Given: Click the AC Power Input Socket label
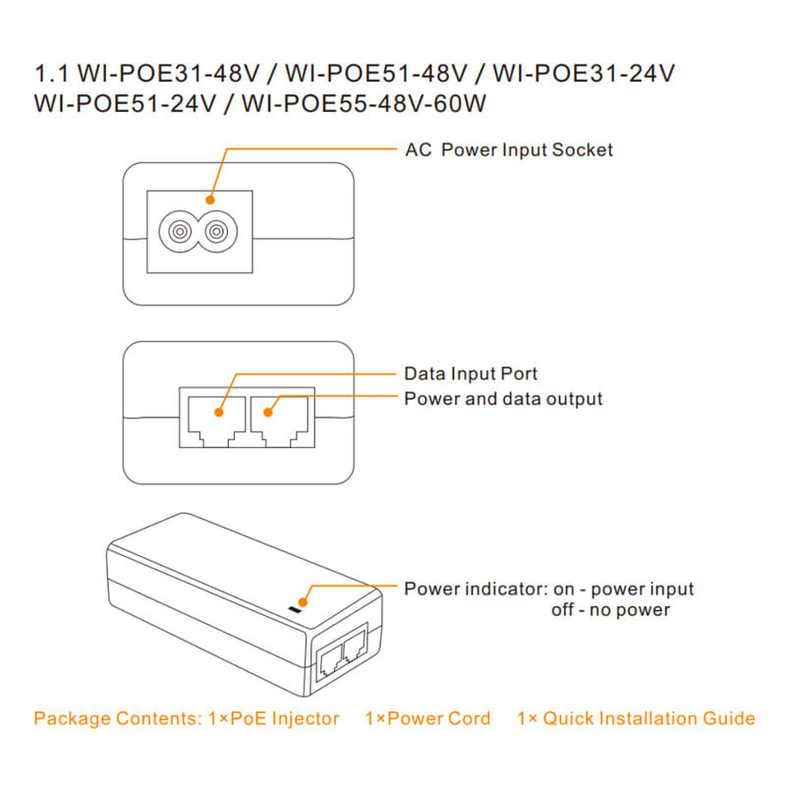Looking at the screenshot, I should [x=509, y=150].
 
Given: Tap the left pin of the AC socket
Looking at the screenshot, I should [x=179, y=231].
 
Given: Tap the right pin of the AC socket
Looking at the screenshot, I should [x=217, y=231].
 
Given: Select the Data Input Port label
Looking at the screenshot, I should [x=471, y=374].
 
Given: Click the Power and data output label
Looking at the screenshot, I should [x=503, y=399].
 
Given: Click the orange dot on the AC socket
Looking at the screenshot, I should [x=209, y=199].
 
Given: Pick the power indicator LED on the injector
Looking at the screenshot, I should [x=299, y=611].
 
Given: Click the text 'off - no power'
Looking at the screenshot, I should [x=611, y=610].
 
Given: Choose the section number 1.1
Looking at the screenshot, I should [x=48, y=74].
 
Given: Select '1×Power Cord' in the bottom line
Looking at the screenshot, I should [x=427, y=718].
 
